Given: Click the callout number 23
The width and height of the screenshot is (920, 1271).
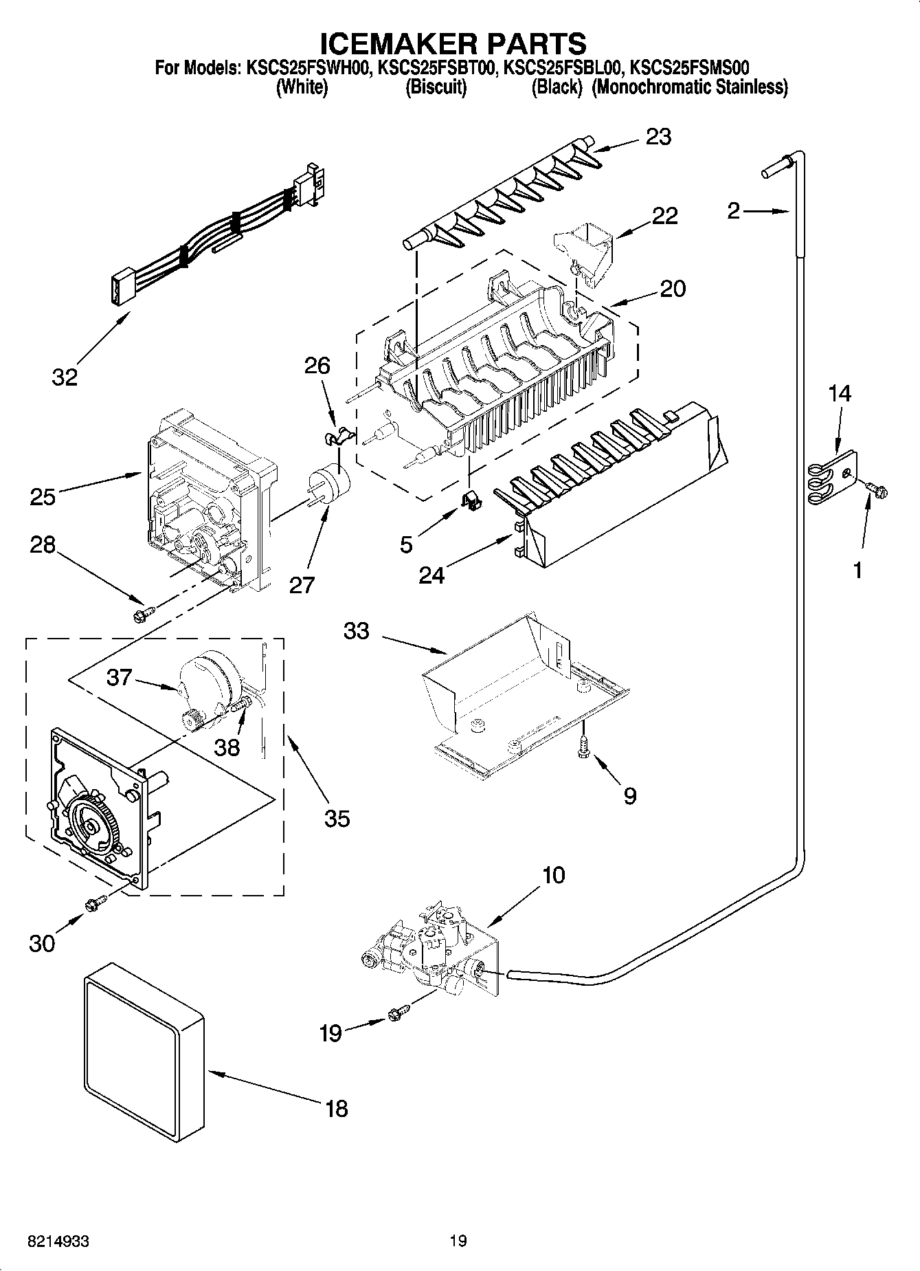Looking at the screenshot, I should click(658, 137).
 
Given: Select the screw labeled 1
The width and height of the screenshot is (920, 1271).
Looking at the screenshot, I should click(877, 487).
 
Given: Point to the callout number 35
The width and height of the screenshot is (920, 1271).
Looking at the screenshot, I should click(337, 818).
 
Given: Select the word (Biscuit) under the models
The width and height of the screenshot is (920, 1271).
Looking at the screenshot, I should click(436, 87).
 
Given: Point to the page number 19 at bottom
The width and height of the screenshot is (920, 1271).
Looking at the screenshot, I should click(458, 1241).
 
